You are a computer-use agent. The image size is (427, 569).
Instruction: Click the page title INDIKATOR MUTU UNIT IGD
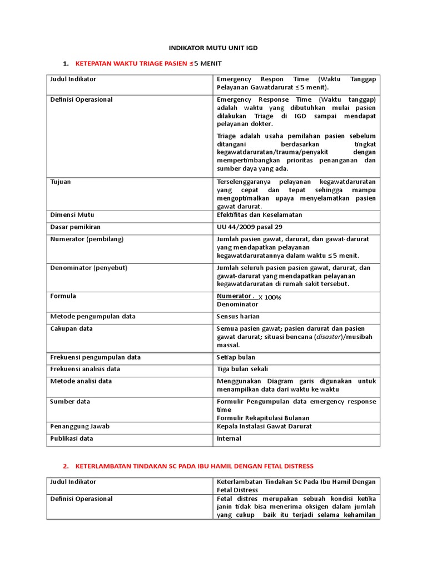click(x=213, y=48)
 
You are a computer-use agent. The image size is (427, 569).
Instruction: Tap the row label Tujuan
click(x=61, y=182)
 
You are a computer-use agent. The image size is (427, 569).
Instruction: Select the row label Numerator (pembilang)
click(x=87, y=239)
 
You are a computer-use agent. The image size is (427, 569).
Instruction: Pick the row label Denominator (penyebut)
click(x=89, y=268)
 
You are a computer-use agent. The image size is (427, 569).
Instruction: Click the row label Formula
click(x=63, y=296)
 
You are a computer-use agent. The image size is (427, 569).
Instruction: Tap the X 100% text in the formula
click(x=270, y=297)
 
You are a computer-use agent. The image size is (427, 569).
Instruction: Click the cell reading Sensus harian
click(x=238, y=316)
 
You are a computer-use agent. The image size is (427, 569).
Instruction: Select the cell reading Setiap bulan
click(x=236, y=357)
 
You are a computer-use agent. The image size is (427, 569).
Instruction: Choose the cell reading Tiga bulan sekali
click(x=242, y=369)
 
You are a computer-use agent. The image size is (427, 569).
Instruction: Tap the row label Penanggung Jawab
click(x=80, y=426)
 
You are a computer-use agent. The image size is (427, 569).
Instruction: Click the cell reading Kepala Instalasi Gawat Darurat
click(x=264, y=426)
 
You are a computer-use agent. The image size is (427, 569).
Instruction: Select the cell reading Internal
click(x=229, y=438)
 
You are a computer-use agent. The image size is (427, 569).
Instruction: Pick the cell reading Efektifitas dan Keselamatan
click(x=260, y=214)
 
